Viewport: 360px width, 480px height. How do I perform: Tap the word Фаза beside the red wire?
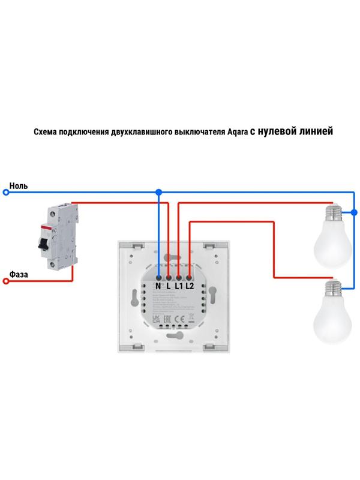tap(18, 274)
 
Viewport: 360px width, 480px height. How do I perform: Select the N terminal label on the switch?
tap(158, 287)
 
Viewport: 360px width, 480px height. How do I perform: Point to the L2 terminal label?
tap(190, 287)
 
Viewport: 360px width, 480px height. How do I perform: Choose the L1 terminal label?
tap(179, 287)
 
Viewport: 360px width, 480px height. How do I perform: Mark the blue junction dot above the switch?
tap(158, 193)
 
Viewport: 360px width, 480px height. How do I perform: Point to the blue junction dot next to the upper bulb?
tap(354, 212)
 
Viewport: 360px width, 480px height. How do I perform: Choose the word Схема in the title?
tap(46, 133)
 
